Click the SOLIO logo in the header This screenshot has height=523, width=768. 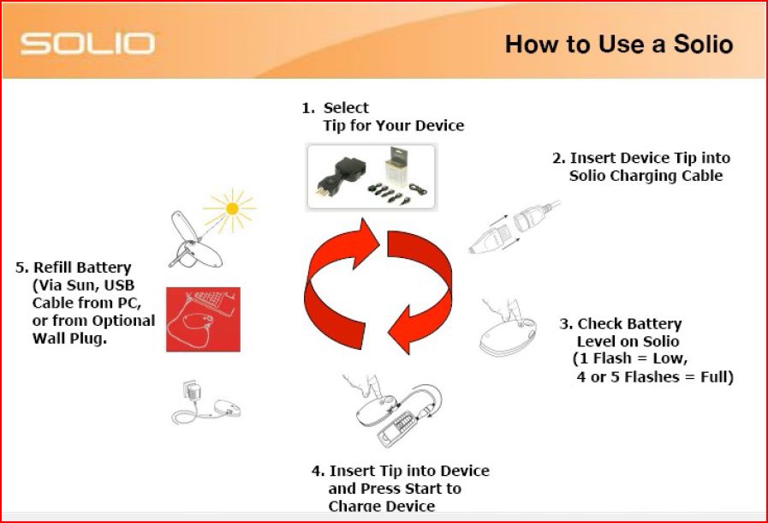pyautogui.click(x=88, y=43)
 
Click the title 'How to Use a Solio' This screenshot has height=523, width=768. pyautogui.click(x=618, y=44)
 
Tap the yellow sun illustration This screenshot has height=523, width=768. pyautogui.click(x=229, y=207)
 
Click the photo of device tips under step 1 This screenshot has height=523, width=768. pyautogui.click(x=370, y=177)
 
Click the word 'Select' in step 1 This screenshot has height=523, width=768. pyautogui.click(x=346, y=108)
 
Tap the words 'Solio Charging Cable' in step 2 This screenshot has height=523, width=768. pyautogui.click(x=646, y=176)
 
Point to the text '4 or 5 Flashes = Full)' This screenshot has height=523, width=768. pyautogui.click(x=655, y=376)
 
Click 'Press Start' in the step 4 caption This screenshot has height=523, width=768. pyautogui.click(x=405, y=489)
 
